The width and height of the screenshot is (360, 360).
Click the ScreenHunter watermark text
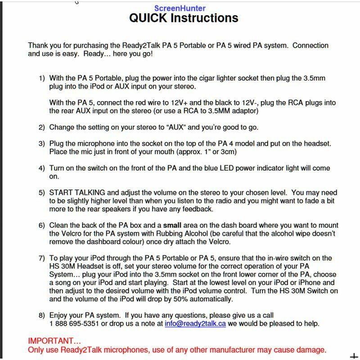point(180,8)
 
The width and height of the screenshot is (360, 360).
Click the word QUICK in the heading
point(148,18)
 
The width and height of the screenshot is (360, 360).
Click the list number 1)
point(41,78)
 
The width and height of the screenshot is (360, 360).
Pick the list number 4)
point(41,168)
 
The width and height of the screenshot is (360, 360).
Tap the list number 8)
point(41,315)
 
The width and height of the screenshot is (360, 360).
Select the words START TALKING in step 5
point(77,193)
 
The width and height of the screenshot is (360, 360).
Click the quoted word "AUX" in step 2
point(177,127)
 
